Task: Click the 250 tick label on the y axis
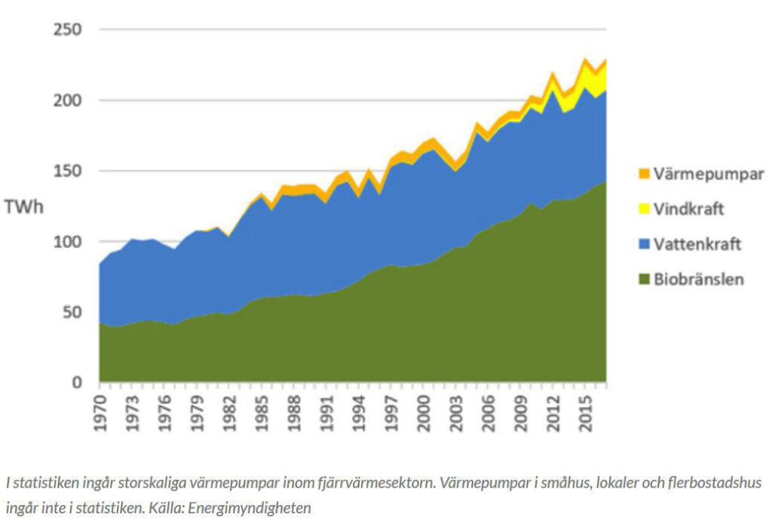point(67,30)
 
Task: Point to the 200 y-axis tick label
point(67,101)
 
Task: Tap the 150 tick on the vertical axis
point(67,171)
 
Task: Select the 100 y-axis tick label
point(67,242)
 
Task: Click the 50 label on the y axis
point(72,312)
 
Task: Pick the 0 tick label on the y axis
point(76,383)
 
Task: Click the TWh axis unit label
point(24,206)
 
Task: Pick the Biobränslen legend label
point(697,279)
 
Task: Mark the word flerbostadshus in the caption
point(714,482)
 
